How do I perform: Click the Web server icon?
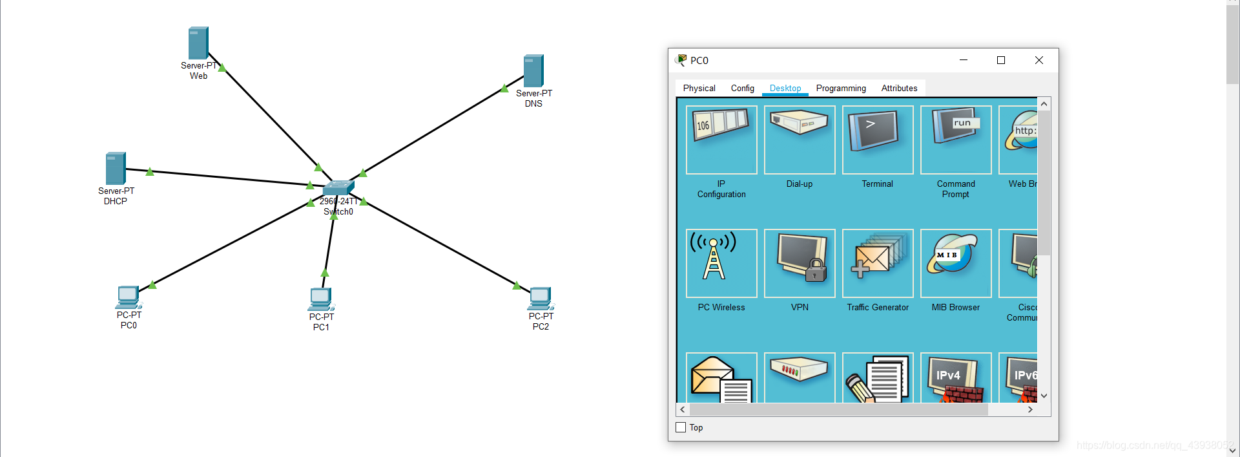(x=198, y=43)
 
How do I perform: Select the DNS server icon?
(x=533, y=71)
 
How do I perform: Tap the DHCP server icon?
(x=116, y=169)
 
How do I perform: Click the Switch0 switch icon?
(x=338, y=187)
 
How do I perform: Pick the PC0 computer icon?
(x=129, y=297)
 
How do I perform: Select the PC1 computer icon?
(x=321, y=299)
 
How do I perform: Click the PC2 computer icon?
(x=541, y=298)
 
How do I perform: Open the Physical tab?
(x=699, y=89)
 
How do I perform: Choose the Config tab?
(x=742, y=89)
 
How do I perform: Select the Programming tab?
(x=841, y=89)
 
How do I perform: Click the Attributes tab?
(x=899, y=89)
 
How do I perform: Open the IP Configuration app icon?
(x=721, y=140)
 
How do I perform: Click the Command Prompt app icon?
(x=956, y=140)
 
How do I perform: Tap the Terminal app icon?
(x=878, y=140)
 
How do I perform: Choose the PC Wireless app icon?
(x=721, y=264)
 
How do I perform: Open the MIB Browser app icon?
(x=956, y=264)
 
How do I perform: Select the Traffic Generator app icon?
(x=878, y=264)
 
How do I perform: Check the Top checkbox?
(x=681, y=427)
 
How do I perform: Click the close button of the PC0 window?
(x=1039, y=60)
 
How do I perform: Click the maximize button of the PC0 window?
(x=1001, y=60)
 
